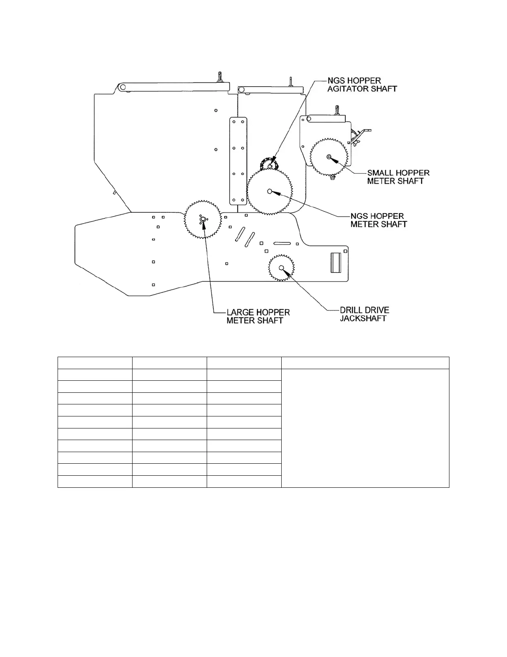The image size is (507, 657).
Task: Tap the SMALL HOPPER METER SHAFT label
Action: (x=398, y=177)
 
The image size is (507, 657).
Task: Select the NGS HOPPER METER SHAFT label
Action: (x=378, y=220)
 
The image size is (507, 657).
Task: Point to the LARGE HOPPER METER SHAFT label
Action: (x=258, y=316)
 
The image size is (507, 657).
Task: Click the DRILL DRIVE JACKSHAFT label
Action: (x=364, y=314)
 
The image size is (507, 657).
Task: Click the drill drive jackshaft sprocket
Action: (x=281, y=268)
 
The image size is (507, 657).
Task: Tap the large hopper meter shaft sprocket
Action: (x=203, y=220)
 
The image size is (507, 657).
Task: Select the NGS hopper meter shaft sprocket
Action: (x=270, y=192)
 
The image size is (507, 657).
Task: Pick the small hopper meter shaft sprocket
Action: (x=329, y=157)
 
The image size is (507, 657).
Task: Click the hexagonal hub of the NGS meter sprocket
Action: (x=270, y=191)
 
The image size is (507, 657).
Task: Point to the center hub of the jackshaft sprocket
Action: (x=281, y=268)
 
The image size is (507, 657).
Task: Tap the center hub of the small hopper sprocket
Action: (x=329, y=157)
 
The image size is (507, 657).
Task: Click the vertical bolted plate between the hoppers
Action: (x=238, y=161)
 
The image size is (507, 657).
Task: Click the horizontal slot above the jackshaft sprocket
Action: (x=284, y=243)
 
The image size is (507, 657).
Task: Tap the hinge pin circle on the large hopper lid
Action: (x=122, y=88)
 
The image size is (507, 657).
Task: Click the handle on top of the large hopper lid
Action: (x=219, y=78)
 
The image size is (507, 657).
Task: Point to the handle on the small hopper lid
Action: (x=338, y=111)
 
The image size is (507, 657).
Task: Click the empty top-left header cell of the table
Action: (x=95, y=363)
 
